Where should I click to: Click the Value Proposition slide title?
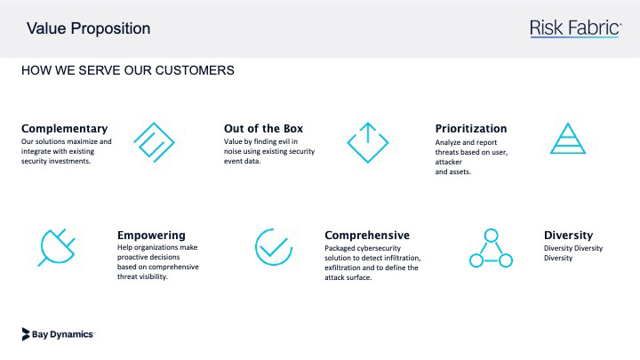coord(89,28)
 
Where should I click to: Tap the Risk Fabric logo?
coord(575,28)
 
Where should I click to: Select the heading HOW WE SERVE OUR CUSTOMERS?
coord(128,70)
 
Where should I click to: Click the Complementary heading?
coord(65,129)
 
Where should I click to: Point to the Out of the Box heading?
coord(263,129)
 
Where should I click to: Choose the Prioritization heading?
coord(471,129)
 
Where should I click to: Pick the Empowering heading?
coord(151,235)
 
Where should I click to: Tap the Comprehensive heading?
coord(367,235)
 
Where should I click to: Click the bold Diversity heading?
coord(568,235)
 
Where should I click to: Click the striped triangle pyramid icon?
coord(568,139)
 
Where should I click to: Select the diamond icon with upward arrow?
coord(368,142)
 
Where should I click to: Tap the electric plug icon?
coord(57,247)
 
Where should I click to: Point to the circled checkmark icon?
coord(274,247)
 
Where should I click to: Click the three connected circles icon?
coord(491,248)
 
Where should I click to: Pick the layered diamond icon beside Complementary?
coord(155,142)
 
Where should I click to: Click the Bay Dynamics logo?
coord(58,334)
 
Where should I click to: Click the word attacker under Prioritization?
coord(448,162)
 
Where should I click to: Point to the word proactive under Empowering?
coord(132,257)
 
